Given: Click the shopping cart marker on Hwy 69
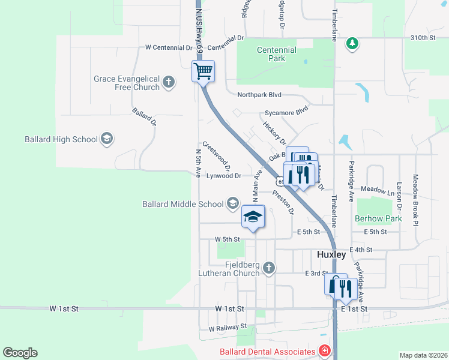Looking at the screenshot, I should pyautogui.click(x=203, y=71).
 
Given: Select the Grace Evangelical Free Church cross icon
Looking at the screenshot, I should pyautogui.click(x=169, y=82).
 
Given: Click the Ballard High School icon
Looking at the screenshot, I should pyautogui.click(x=107, y=139).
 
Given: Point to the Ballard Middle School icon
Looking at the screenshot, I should pyautogui.click(x=232, y=204).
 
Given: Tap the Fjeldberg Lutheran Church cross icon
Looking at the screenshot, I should pyautogui.click(x=269, y=268).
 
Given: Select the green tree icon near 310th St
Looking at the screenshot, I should pyautogui.click(x=352, y=44).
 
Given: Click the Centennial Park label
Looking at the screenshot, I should pyautogui.click(x=277, y=55).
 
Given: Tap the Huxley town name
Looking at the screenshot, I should pyautogui.click(x=331, y=254).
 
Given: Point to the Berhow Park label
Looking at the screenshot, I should pyautogui.click(x=378, y=219).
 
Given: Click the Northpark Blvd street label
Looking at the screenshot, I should pyautogui.click(x=259, y=95).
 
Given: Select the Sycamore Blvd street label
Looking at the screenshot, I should pyautogui.click(x=287, y=112).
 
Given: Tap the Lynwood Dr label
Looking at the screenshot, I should pyautogui.click(x=223, y=176).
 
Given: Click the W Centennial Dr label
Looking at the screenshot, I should pyautogui.click(x=169, y=47).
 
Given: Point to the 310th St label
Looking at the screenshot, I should pyautogui.click(x=423, y=38).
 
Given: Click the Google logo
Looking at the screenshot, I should pyautogui.click(x=20, y=353).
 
